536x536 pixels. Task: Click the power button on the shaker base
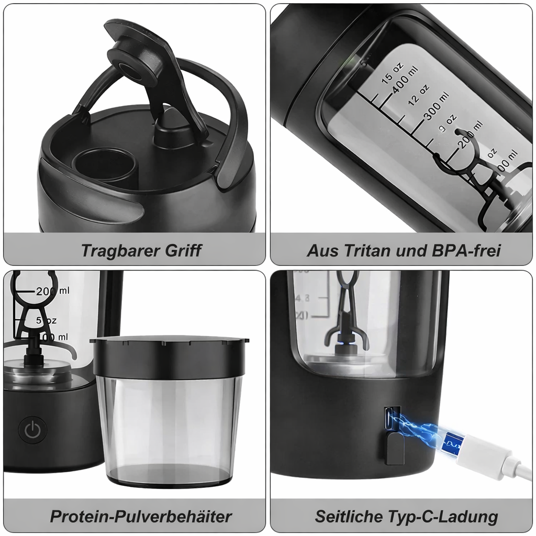click(x=32, y=430)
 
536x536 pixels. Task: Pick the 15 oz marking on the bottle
click(x=392, y=71)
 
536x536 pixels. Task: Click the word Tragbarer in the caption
click(x=121, y=250)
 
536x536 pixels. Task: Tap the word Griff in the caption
click(x=183, y=250)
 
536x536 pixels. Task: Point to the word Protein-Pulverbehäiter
click(x=141, y=516)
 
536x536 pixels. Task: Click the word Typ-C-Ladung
click(x=443, y=516)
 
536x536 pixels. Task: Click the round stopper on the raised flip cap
click(x=128, y=65)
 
